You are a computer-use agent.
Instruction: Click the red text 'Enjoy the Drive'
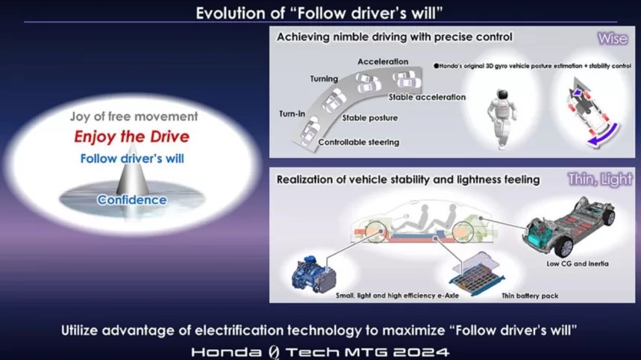[x=132, y=137]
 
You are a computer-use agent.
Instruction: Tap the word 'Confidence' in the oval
[x=132, y=200]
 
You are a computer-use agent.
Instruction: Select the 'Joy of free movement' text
[x=133, y=116]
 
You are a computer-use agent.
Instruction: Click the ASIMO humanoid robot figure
[x=502, y=118]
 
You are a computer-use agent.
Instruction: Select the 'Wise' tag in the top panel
[x=613, y=39]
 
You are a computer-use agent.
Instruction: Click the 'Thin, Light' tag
[x=600, y=179]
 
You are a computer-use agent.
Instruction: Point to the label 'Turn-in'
[x=292, y=114]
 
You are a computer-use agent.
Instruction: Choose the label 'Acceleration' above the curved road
[x=382, y=62]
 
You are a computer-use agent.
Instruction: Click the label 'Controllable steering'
[x=359, y=142]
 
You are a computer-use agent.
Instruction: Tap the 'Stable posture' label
[x=370, y=118]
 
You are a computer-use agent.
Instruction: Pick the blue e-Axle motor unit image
[x=314, y=274]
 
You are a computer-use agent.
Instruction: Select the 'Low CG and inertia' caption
[x=577, y=264]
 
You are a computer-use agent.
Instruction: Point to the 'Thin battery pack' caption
[x=530, y=296]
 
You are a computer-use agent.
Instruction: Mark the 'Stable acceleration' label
[x=427, y=97]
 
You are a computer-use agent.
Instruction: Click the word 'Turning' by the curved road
[x=323, y=79]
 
